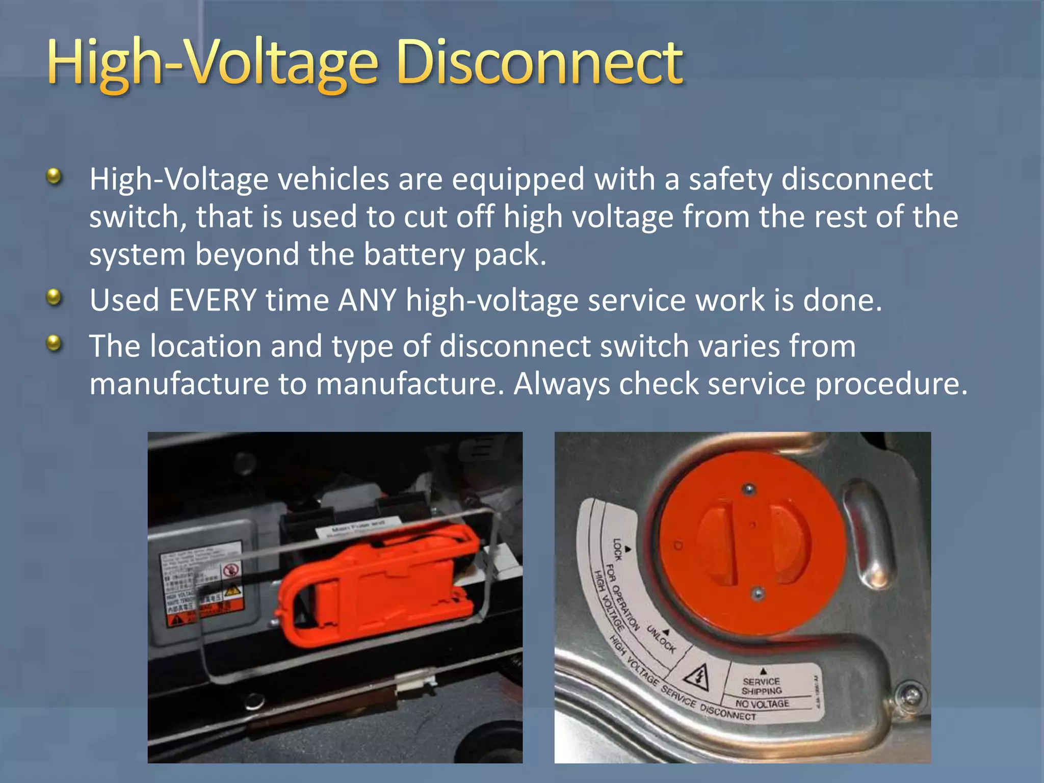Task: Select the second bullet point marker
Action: pyautogui.click(x=54, y=297)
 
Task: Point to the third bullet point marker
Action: pyautogui.click(x=54, y=343)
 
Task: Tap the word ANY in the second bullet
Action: pyautogui.click(x=368, y=300)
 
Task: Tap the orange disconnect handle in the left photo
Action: pyautogui.click(x=377, y=586)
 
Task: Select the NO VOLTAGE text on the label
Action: pyautogui.click(x=762, y=704)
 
